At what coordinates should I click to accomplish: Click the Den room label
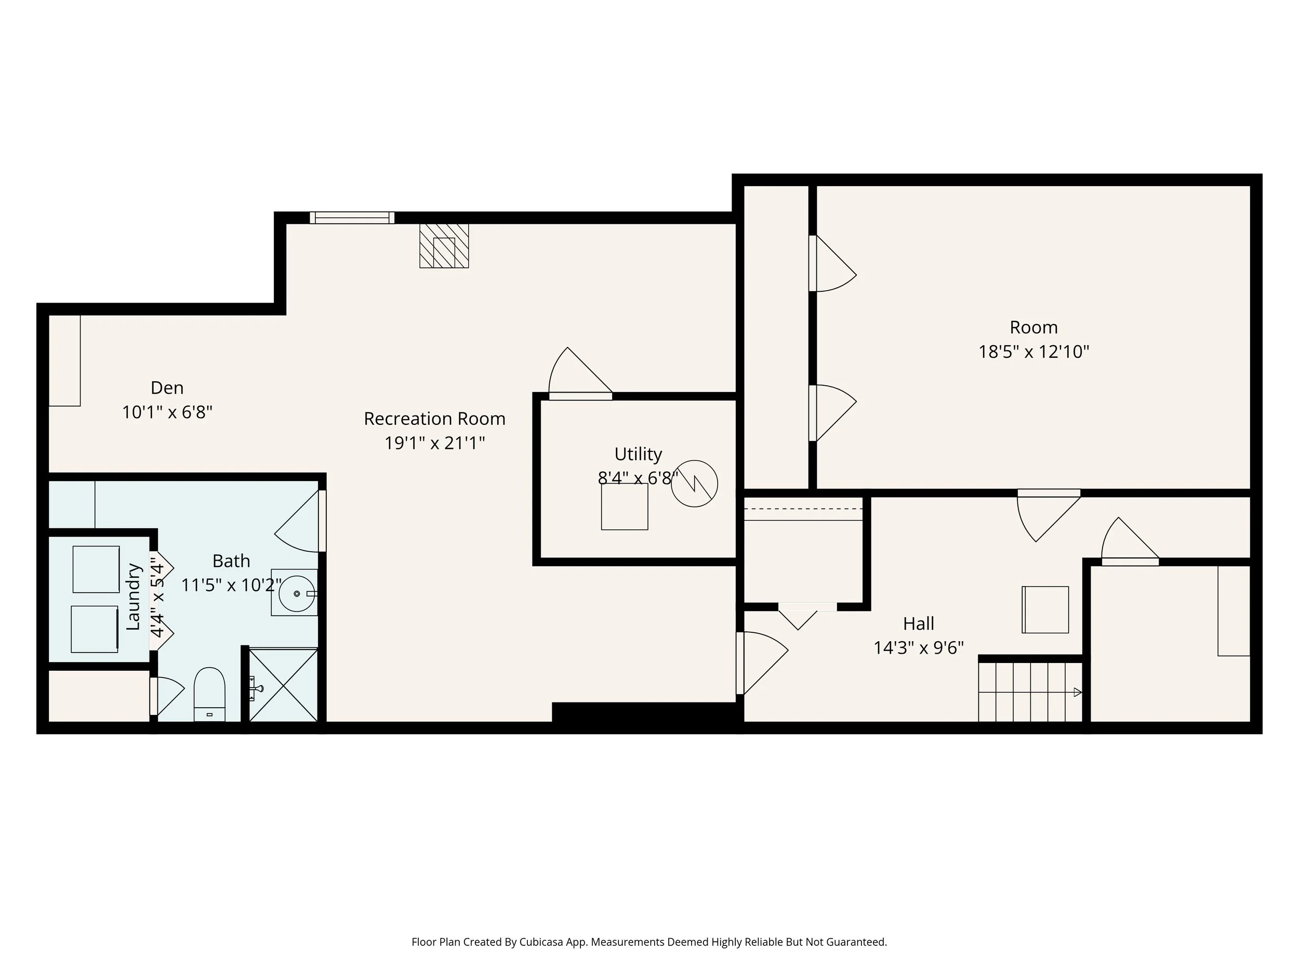click(x=167, y=388)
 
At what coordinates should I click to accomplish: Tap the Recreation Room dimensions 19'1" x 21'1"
click(x=434, y=443)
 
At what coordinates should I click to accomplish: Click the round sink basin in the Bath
click(x=296, y=594)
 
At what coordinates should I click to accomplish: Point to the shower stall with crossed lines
click(x=284, y=685)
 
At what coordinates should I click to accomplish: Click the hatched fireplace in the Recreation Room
click(x=444, y=245)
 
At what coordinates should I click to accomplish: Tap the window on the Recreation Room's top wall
click(x=352, y=218)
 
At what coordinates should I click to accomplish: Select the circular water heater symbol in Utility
click(x=694, y=483)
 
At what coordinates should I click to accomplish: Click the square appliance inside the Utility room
click(x=624, y=506)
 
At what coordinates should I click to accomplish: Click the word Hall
click(x=919, y=623)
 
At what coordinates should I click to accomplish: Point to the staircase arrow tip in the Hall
click(x=1078, y=692)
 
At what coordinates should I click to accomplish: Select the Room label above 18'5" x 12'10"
click(x=1033, y=328)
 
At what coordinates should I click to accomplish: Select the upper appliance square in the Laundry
click(x=96, y=569)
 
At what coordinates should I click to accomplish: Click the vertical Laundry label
click(x=134, y=596)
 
